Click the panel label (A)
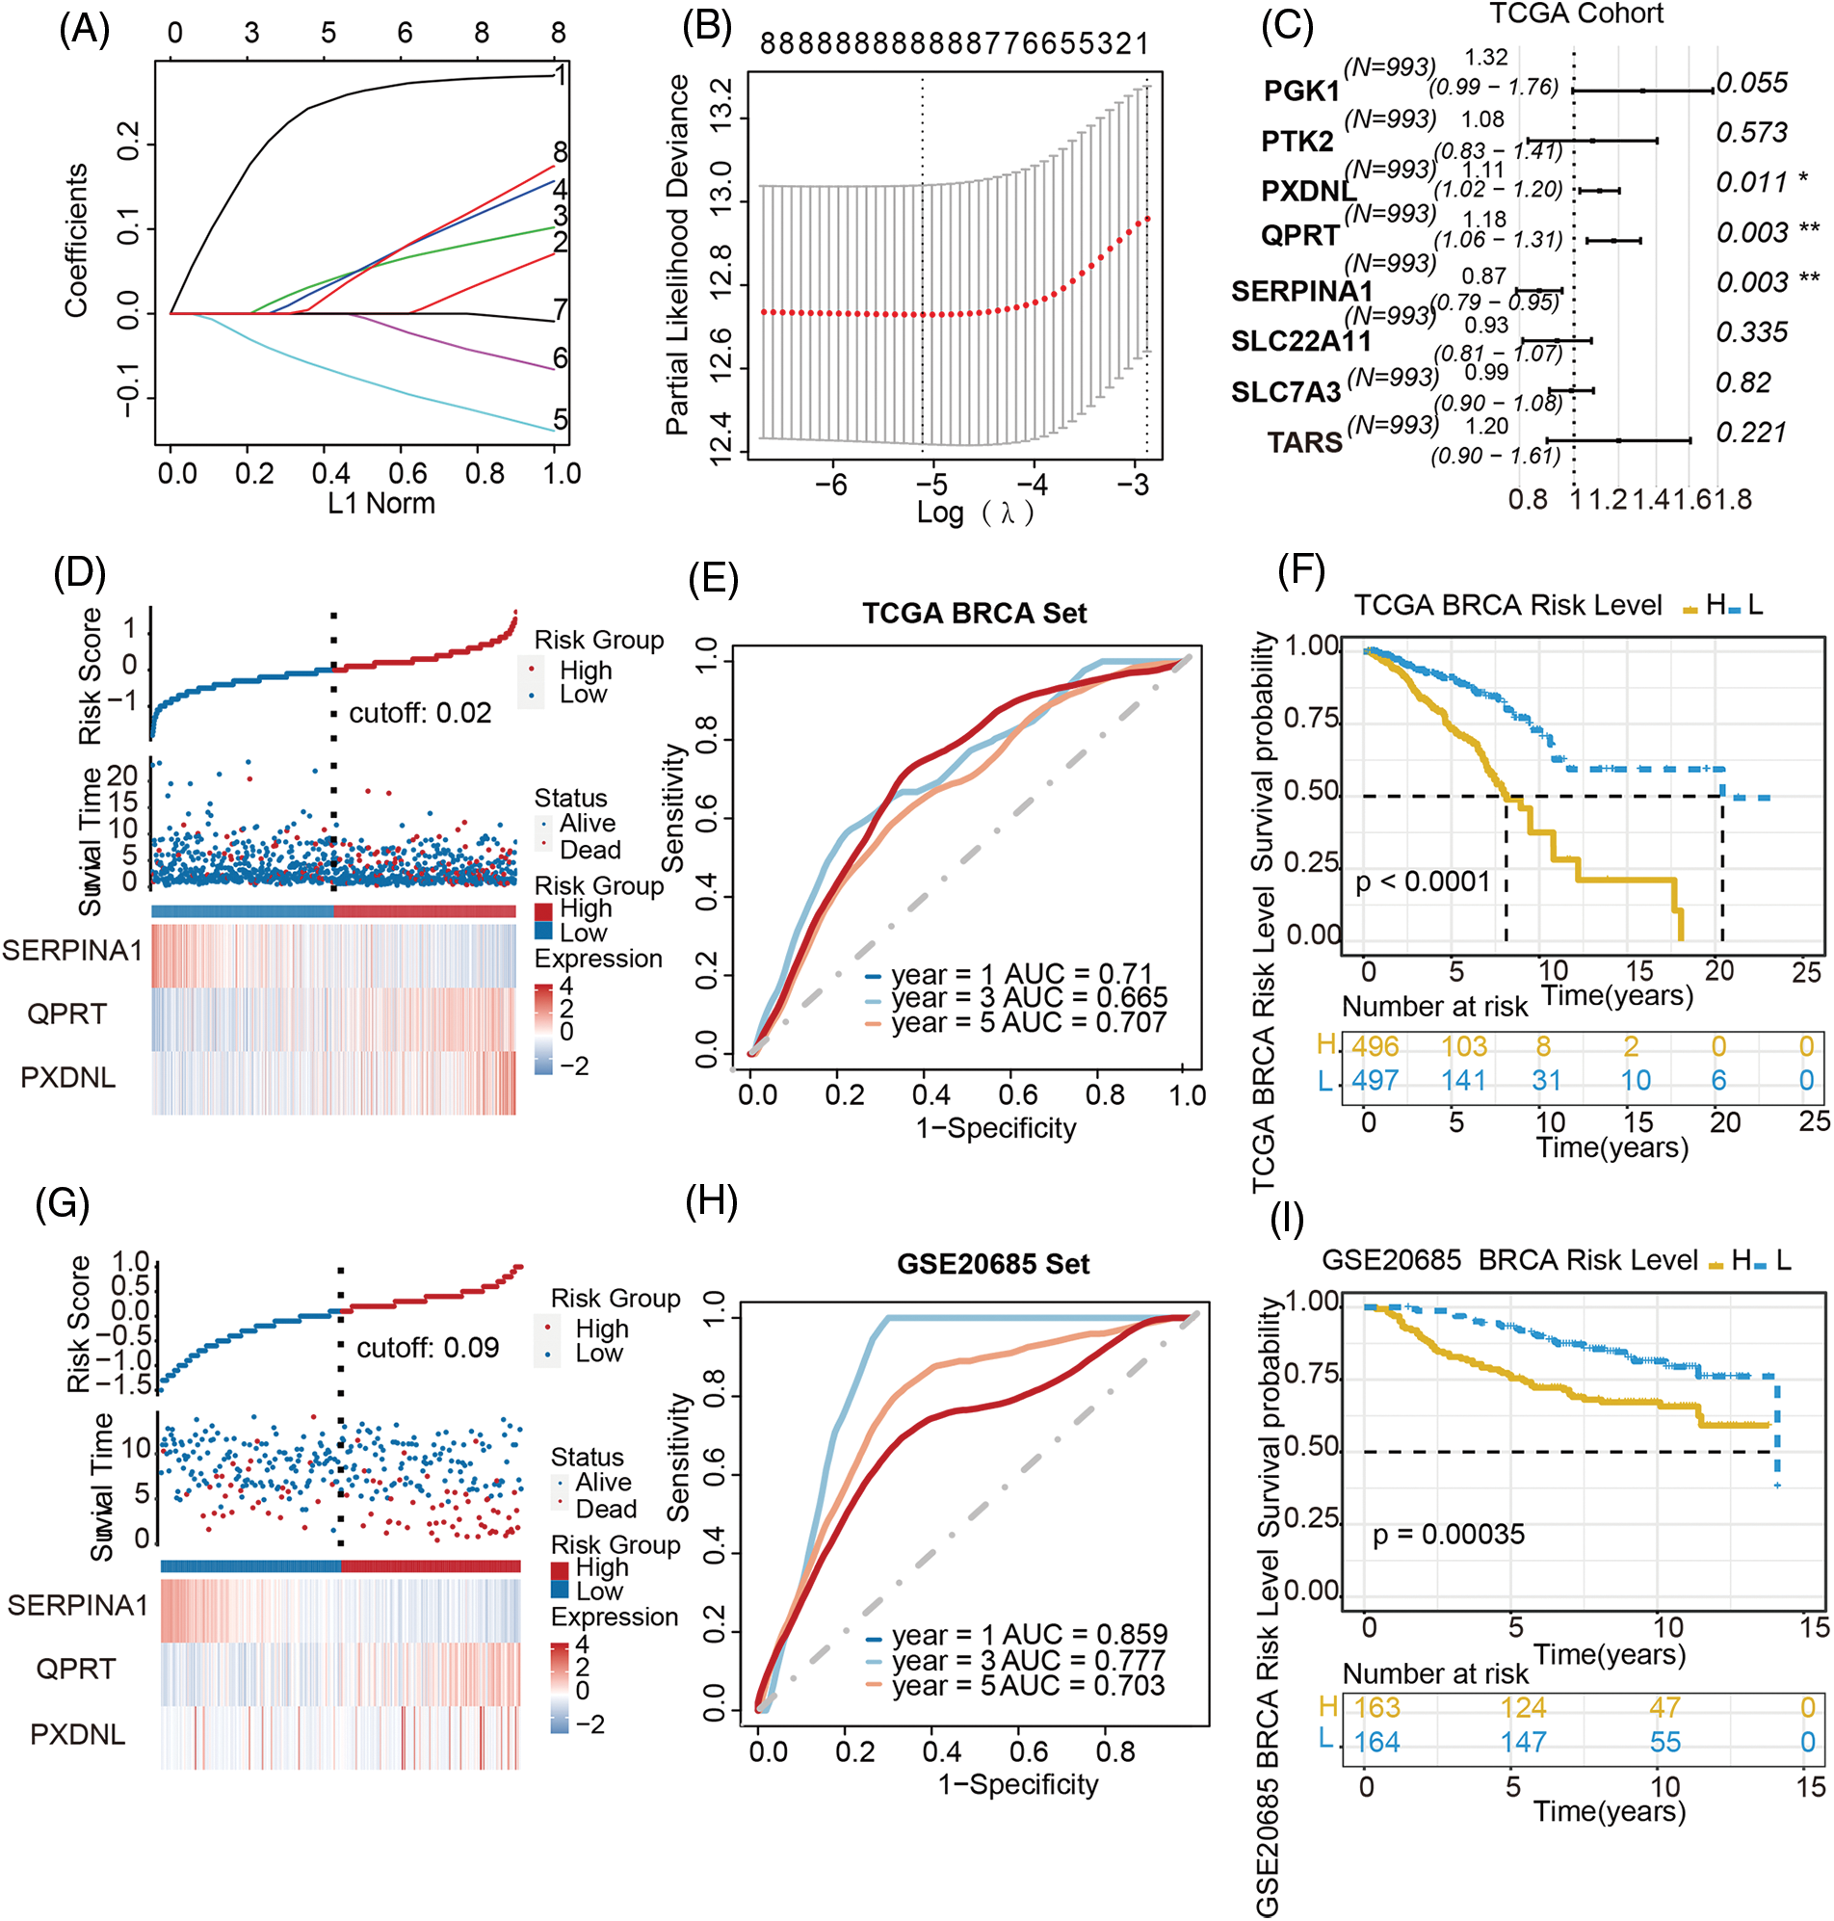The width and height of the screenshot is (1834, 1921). tap(84, 30)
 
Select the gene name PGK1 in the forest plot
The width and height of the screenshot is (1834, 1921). tap(1301, 91)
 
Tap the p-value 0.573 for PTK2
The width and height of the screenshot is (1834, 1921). tap(1752, 132)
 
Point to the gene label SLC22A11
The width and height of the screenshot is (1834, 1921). tap(1300, 341)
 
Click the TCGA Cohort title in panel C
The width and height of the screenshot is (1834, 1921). tap(1576, 13)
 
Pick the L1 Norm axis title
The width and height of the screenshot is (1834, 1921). tap(381, 504)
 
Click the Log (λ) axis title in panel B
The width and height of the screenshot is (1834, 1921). tap(974, 512)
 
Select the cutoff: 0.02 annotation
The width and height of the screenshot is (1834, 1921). tap(420, 713)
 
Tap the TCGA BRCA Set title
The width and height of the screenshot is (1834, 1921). tap(974, 613)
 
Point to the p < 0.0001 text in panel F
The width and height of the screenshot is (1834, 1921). tap(1423, 882)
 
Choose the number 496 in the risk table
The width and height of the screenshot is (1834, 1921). tap(1375, 1047)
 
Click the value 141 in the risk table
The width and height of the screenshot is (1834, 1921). tap(1463, 1080)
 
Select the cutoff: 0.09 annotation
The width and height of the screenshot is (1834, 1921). tap(429, 1348)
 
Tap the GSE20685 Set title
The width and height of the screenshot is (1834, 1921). tap(992, 1264)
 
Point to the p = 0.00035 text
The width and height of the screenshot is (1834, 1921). tap(1448, 1534)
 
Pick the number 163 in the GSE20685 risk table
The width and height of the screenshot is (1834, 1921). tap(1376, 1707)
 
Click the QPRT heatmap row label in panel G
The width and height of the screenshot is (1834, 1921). tap(75, 1669)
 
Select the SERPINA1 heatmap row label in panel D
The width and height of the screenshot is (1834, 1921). tap(72, 950)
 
